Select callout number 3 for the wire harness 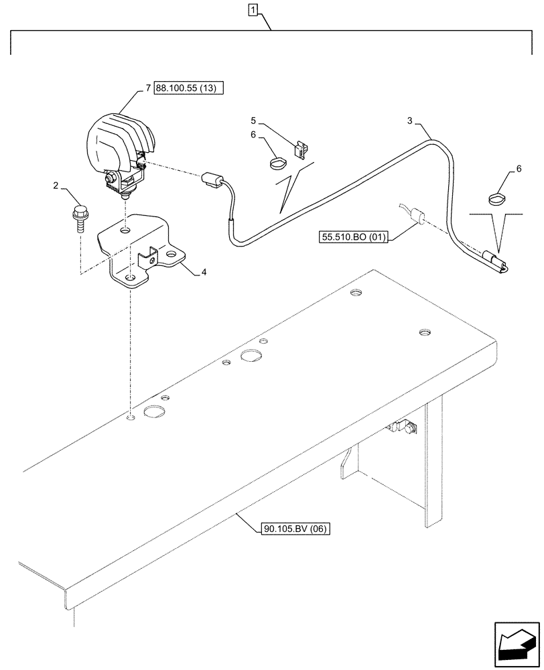click(x=410, y=121)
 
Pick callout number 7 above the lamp click(x=148, y=88)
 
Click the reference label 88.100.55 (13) click(x=189, y=88)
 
